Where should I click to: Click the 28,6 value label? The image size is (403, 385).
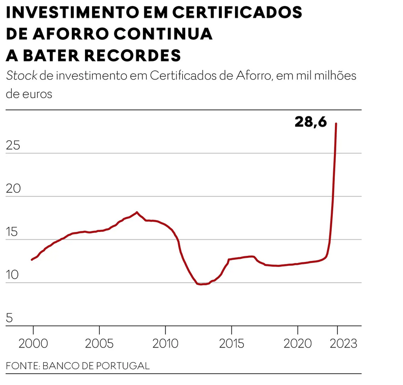[x=310, y=123]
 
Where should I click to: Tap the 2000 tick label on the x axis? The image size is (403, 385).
[x=33, y=343]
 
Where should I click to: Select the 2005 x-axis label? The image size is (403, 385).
[x=99, y=343]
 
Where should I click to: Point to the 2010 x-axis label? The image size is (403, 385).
[x=165, y=343]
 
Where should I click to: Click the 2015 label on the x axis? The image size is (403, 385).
[x=232, y=343]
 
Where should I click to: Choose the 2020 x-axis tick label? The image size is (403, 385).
[x=298, y=343]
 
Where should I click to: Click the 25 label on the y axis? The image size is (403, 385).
[x=13, y=146]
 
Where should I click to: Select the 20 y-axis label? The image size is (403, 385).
[x=14, y=189]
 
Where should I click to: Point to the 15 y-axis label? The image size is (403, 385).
[x=13, y=232]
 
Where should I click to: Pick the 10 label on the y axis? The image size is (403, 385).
[x=13, y=276]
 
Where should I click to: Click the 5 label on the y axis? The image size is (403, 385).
[x=9, y=319]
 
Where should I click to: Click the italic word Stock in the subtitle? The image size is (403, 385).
[x=21, y=76]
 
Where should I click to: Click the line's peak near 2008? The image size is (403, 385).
[x=137, y=212]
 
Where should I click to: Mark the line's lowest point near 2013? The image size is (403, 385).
[x=202, y=284]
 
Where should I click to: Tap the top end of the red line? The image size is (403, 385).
[x=336, y=124]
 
